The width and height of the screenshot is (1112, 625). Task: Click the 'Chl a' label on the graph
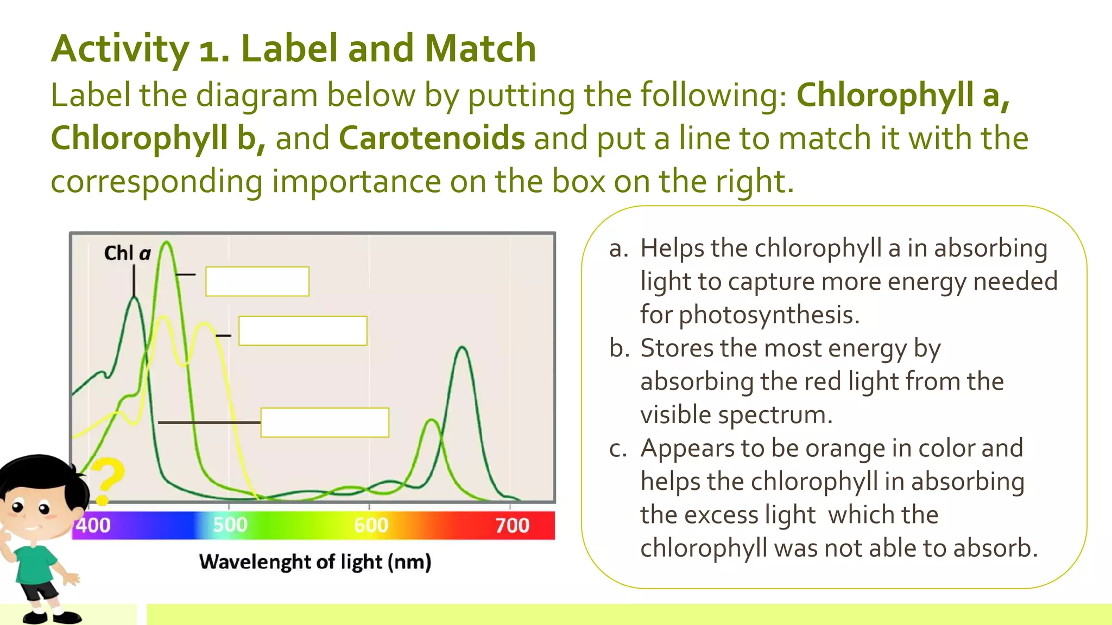(127, 253)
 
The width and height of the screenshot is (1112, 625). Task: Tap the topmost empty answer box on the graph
(257, 282)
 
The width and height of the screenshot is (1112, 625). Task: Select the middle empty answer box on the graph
(302, 331)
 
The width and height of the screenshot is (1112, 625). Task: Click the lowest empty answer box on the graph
(325, 423)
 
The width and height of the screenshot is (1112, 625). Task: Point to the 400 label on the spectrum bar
(93, 525)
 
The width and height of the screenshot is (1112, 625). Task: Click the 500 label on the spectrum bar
(230, 525)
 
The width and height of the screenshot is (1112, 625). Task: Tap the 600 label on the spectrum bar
(371, 525)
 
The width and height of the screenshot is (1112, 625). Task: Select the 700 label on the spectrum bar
(512, 525)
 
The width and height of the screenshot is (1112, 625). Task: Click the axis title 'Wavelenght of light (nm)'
(315, 562)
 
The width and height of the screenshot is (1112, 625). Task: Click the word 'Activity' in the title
(120, 49)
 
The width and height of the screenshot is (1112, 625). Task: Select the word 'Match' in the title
(480, 49)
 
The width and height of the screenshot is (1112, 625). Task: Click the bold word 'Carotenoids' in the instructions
(432, 138)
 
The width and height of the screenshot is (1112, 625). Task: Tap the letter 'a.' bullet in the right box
(618, 248)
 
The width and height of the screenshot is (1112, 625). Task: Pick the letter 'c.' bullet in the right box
(618, 449)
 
